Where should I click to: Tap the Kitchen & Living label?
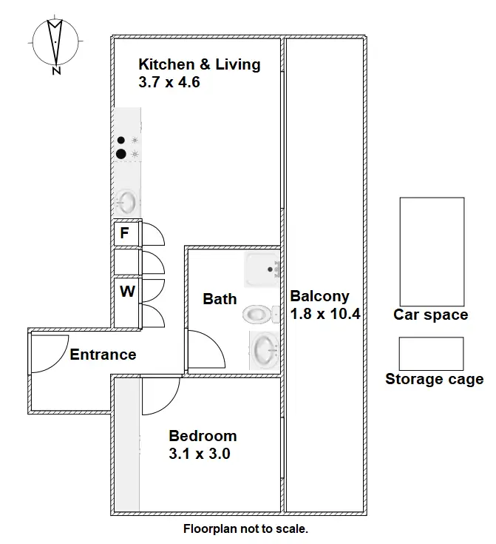tap(199, 64)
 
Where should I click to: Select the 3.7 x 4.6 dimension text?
tap(169, 82)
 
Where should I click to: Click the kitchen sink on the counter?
tap(126, 201)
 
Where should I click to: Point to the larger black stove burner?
tap(120, 154)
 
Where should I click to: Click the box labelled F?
tap(124, 234)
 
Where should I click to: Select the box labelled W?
tap(127, 292)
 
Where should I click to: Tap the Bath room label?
tap(220, 299)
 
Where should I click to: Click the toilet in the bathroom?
tap(258, 314)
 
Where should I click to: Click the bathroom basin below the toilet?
tap(264, 349)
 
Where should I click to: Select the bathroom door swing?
tap(205, 348)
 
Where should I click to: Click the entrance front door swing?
tap(49, 352)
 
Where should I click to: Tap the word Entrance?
tap(103, 355)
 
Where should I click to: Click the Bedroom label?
tap(203, 436)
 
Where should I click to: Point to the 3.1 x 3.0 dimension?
tap(199, 454)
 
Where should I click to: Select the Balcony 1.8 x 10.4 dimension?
tap(325, 313)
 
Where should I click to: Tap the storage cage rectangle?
tap(431, 354)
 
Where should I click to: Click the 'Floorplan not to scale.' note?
tap(245, 529)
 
